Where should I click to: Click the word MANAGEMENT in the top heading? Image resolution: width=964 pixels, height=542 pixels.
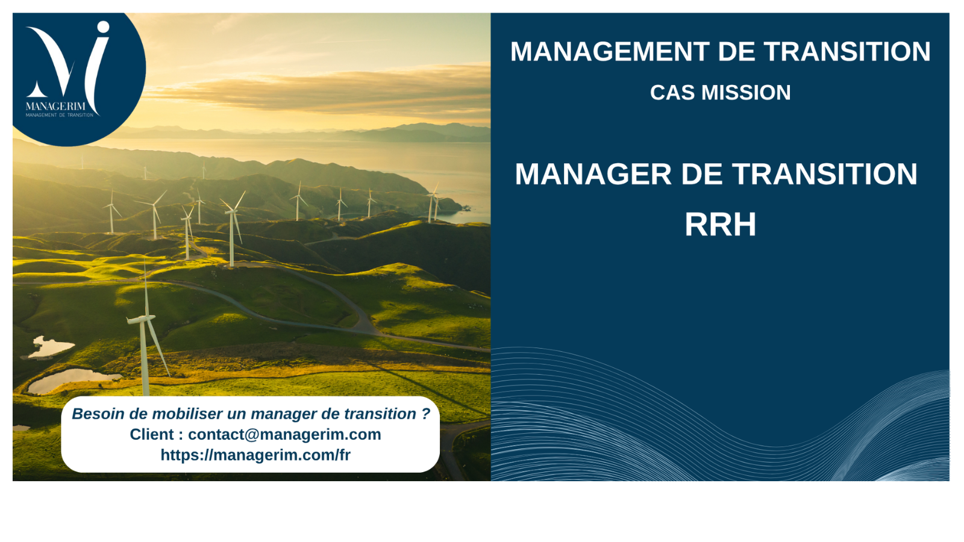(x=609, y=52)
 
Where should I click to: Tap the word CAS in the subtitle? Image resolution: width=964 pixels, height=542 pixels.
(x=672, y=93)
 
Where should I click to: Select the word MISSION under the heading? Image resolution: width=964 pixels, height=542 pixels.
(x=746, y=93)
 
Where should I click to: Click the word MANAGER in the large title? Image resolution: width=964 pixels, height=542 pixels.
(x=593, y=174)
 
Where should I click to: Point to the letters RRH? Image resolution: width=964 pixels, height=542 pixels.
(x=720, y=224)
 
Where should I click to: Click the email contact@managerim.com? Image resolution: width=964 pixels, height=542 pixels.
(x=284, y=434)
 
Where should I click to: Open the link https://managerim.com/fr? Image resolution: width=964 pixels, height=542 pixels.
(x=255, y=455)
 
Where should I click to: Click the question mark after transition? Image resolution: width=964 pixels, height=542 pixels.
(x=425, y=414)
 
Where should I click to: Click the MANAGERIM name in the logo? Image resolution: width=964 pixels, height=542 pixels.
(x=55, y=106)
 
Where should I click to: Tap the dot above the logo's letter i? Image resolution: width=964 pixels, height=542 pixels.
(x=103, y=27)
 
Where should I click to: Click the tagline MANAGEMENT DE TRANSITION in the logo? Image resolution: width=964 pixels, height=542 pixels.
(x=60, y=115)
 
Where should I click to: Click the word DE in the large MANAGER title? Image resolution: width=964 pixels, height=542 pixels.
(x=701, y=174)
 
